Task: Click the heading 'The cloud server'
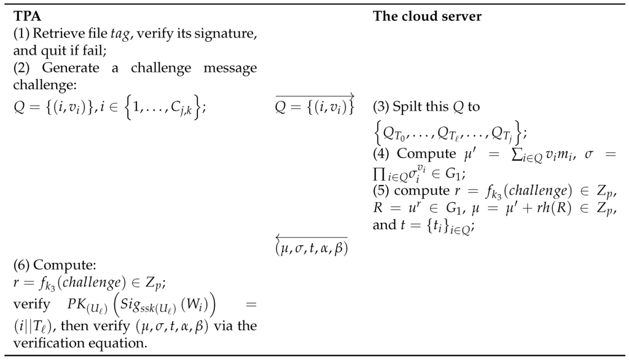tap(427, 17)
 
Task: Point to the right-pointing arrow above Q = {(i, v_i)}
tap(314, 95)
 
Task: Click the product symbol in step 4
tap(379, 175)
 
